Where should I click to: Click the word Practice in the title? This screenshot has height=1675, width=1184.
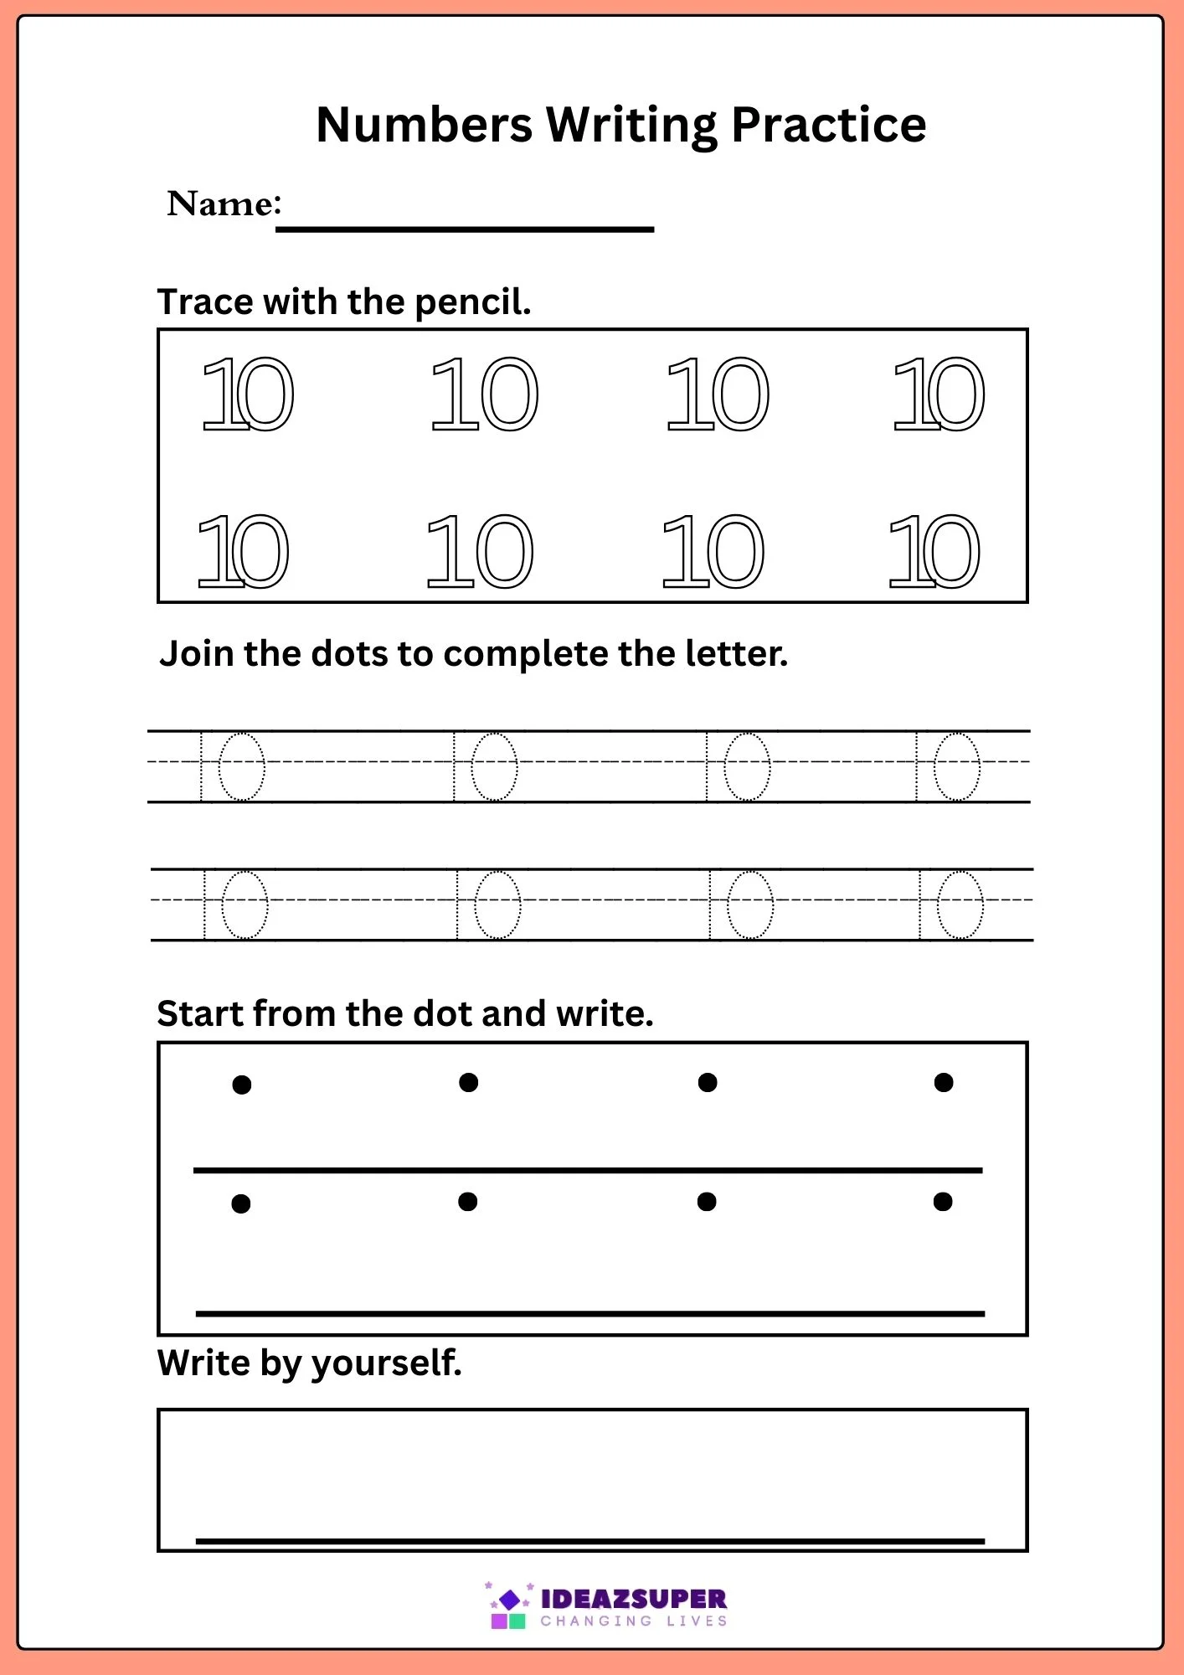[x=828, y=126]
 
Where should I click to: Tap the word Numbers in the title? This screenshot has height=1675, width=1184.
[x=424, y=126]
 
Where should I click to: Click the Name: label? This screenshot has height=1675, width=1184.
[x=224, y=204]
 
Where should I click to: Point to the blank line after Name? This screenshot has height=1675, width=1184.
[x=465, y=228]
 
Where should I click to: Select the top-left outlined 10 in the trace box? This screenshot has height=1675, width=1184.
[x=249, y=394]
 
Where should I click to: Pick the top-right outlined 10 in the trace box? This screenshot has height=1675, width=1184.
[x=939, y=394]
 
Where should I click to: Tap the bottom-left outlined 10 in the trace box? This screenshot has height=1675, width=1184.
[x=243, y=551]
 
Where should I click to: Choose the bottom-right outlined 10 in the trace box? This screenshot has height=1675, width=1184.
[x=934, y=551]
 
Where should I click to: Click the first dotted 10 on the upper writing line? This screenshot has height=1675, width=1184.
[x=234, y=766]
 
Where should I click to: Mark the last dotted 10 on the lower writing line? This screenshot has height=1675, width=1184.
[x=951, y=904]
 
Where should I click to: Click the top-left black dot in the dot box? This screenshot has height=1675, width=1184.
[x=242, y=1085]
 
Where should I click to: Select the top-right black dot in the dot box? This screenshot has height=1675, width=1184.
[x=944, y=1082]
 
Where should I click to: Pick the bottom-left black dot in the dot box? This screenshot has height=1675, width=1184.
[x=241, y=1203]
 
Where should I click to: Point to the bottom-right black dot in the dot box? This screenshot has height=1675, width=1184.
[x=943, y=1202]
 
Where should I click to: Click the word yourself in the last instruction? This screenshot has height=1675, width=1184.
[x=386, y=1363]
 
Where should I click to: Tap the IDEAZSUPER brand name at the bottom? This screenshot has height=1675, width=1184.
[x=634, y=1599]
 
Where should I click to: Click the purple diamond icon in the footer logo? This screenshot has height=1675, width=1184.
[x=509, y=1600]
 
